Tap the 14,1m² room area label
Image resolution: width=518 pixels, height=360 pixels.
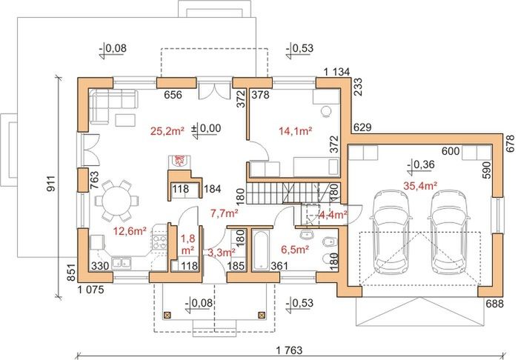294,132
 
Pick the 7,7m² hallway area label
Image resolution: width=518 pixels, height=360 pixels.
224,213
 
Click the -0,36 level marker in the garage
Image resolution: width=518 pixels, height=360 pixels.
424,164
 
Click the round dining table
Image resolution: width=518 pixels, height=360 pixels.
117,199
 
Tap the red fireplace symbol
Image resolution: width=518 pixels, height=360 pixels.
178,160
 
